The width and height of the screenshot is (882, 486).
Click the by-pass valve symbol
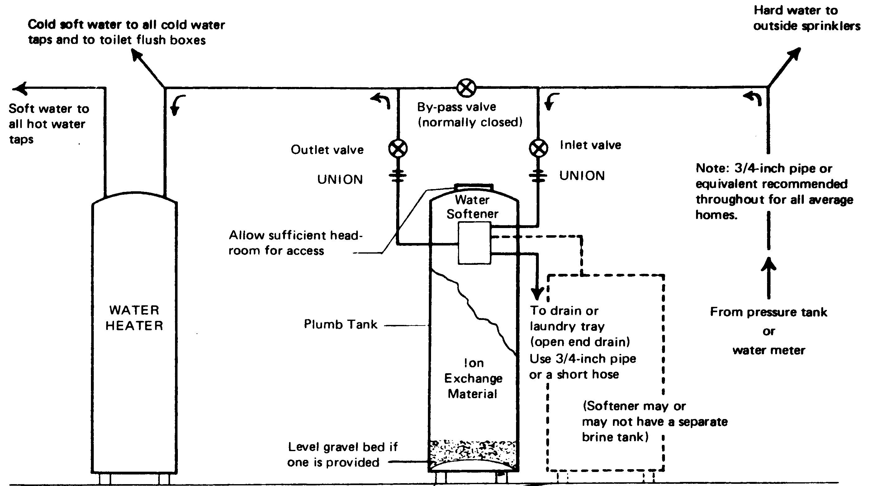click(x=466, y=88)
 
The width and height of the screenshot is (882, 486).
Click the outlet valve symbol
click(x=397, y=149)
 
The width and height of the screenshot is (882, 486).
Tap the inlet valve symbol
click(x=538, y=148)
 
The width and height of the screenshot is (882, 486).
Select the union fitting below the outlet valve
click(x=397, y=176)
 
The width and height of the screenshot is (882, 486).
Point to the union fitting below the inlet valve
click(x=538, y=176)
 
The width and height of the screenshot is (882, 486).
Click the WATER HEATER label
click(x=134, y=318)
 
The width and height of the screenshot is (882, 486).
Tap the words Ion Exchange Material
click(x=473, y=379)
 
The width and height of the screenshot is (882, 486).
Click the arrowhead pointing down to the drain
click(x=537, y=294)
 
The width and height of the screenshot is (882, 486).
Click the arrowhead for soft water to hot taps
click(x=20, y=88)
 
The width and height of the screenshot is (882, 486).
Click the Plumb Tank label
click(x=340, y=324)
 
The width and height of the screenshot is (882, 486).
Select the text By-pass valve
click(x=456, y=107)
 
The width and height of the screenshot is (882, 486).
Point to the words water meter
click(x=769, y=350)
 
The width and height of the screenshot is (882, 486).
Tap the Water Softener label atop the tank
click(x=472, y=207)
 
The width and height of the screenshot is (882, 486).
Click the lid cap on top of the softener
click(x=474, y=187)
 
